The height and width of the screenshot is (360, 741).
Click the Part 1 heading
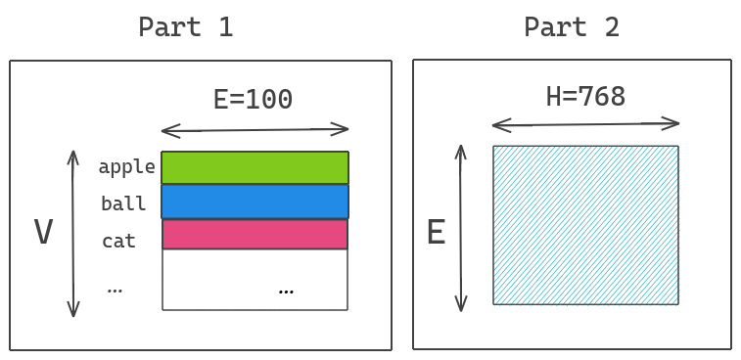185,26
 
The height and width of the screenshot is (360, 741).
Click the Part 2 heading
571,26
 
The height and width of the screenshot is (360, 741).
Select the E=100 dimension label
253,99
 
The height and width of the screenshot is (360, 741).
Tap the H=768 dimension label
585,96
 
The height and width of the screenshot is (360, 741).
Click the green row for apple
255,167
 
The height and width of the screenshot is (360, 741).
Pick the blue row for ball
255,201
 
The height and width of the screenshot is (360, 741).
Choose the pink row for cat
255,235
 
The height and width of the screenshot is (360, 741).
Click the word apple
126,167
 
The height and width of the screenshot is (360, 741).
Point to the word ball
123,204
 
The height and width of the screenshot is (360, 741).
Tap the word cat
118,241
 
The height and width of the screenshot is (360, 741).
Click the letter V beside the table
43,233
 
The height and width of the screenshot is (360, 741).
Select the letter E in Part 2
436,233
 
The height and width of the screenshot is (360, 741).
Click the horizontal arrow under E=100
255,129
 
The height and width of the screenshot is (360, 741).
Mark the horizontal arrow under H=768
585,124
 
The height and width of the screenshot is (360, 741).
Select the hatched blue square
585,225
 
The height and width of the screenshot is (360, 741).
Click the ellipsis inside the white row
286,291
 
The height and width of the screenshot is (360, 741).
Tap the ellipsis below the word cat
115,290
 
